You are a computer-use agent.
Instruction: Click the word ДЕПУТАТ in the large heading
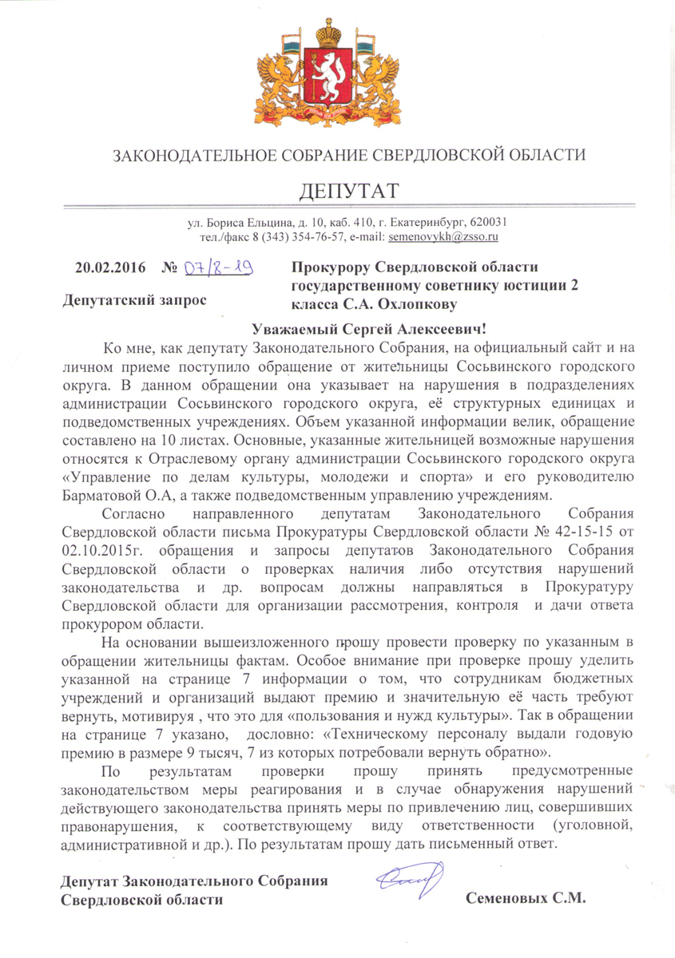(347, 192)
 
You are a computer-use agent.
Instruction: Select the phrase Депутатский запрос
(133, 301)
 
